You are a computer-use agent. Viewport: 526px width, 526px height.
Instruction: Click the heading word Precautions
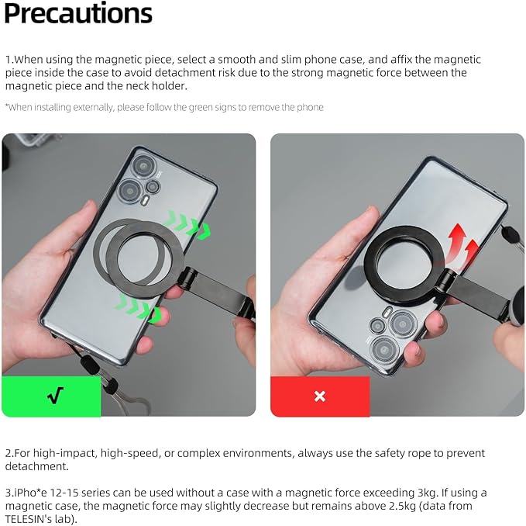tap(78, 15)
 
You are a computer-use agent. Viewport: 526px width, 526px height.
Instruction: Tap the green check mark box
tap(51, 396)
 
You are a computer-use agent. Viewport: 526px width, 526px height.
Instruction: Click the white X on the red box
tap(320, 396)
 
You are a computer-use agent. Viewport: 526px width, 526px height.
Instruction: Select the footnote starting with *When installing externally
tap(163, 107)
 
